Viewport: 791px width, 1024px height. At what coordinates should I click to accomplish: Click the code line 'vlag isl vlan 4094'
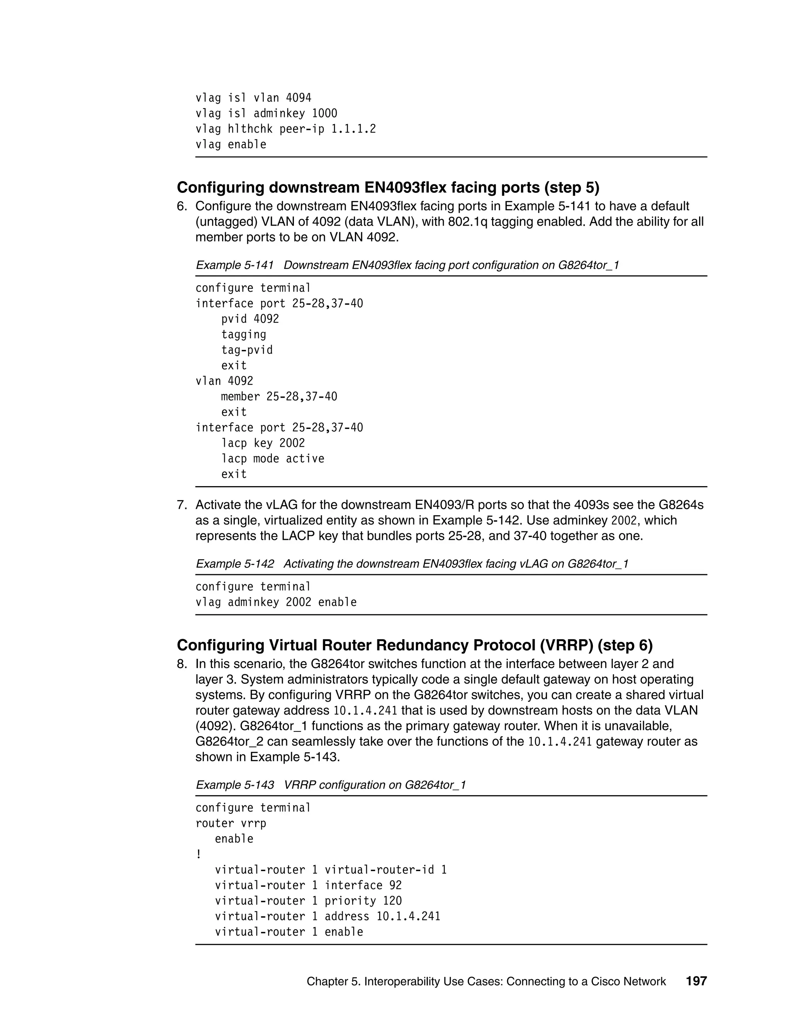pos(253,98)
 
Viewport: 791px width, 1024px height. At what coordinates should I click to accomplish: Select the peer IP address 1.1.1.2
pos(353,129)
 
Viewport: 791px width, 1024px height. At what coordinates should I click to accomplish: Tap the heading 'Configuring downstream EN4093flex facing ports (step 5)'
pos(388,187)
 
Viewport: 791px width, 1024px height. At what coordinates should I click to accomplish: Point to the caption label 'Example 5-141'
pos(234,265)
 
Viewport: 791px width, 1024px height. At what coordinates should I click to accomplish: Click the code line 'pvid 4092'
pos(250,319)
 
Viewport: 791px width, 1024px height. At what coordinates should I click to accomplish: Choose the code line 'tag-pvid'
pos(246,350)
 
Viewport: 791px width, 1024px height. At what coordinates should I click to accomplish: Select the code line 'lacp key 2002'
pos(263,443)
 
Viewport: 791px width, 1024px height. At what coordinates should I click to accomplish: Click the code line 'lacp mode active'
pos(272,459)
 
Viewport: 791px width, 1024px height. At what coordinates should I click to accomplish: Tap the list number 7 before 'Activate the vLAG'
pos(182,505)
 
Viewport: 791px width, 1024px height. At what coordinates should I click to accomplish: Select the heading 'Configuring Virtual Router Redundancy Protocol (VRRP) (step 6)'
pos(414,646)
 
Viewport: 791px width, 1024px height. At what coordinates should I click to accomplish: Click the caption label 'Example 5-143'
pos(234,785)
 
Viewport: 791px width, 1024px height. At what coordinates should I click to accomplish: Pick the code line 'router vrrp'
pos(231,823)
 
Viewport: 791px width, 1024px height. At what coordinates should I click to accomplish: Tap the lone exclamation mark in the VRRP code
pos(199,854)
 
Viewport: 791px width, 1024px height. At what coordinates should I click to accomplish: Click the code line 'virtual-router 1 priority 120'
pos(308,901)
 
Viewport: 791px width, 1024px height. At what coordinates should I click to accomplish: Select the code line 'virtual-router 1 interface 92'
pos(308,885)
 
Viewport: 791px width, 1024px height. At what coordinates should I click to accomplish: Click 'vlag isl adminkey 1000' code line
pos(266,114)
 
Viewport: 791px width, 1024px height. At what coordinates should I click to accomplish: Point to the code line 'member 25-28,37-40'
pos(279,397)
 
